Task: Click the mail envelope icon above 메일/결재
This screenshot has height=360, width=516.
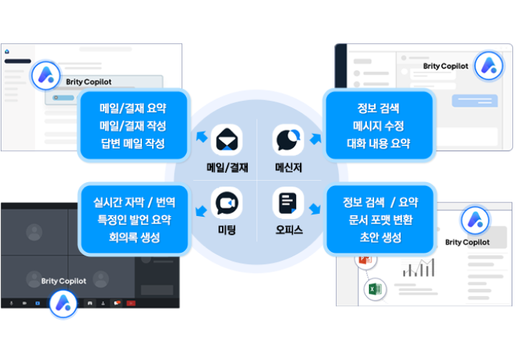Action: pos(227,140)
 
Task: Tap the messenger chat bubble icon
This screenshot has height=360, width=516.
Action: pos(288,140)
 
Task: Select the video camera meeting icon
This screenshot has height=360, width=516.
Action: pos(227,203)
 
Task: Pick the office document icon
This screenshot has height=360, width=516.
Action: pos(288,203)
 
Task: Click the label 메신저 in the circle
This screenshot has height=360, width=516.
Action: pos(288,168)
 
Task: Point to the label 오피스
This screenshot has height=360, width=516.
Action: pos(289,230)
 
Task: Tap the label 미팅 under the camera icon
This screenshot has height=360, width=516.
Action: pos(227,230)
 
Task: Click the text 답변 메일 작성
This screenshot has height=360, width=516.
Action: pos(133,143)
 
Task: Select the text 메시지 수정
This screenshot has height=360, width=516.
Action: pos(378,125)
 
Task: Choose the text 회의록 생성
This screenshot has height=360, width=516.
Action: pos(135,237)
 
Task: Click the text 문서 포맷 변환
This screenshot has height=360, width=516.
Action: pos(381,220)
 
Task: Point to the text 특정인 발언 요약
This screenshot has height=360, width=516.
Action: pos(134,220)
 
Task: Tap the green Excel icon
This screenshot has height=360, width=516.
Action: pos(375,289)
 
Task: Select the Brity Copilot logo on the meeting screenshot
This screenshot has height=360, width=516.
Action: pos(63,303)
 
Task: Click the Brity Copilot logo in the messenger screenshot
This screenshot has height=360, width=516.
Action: pos(489,66)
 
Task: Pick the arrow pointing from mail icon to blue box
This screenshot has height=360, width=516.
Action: pos(202,136)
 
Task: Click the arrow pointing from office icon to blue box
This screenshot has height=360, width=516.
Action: pos(315,208)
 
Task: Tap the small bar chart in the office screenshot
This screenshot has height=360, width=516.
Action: pos(419,268)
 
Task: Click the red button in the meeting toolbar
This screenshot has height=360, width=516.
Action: pos(131,303)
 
